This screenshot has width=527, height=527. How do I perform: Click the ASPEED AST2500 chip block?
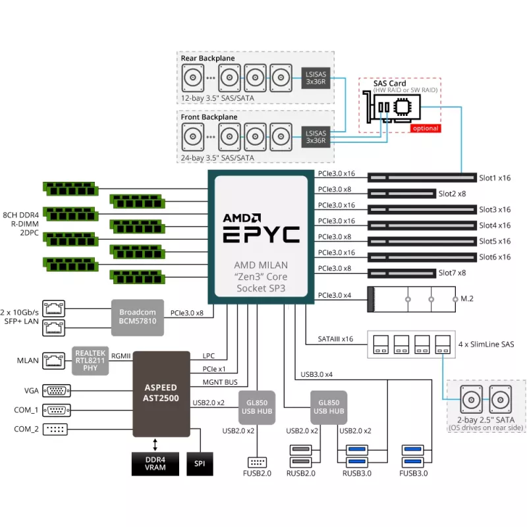click(161, 393)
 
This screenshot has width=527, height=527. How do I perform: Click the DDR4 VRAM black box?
click(155, 463)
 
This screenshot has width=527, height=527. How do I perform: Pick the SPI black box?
click(200, 463)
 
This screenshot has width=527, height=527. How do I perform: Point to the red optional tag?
click(425, 128)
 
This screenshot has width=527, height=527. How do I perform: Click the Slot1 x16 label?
click(495, 178)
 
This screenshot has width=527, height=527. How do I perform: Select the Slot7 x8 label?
click(452, 273)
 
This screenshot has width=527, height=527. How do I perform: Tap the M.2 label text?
click(467, 298)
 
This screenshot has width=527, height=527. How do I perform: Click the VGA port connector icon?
click(57, 390)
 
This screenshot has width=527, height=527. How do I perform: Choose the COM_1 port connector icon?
click(57, 410)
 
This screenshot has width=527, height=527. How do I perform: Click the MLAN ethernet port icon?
click(53, 360)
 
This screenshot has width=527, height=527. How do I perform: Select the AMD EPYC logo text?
click(260, 227)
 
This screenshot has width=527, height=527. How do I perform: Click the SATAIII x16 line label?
click(336, 339)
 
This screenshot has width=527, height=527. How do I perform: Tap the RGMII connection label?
click(121, 356)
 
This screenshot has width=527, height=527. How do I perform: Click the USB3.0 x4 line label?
click(317, 374)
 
